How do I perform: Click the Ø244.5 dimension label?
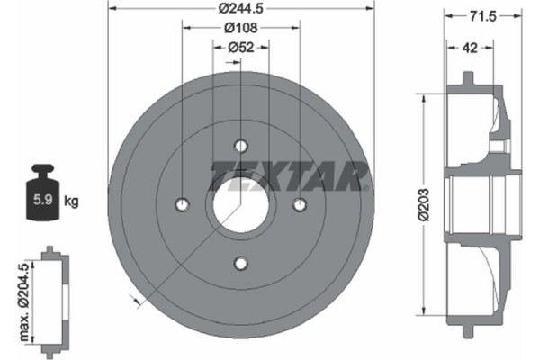(x=240, y=8)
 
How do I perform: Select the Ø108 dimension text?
(x=240, y=28)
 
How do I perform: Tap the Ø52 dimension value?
(x=239, y=48)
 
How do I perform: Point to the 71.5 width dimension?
(x=476, y=16)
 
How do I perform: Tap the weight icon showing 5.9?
(x=42, y=193)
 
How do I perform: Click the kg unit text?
(x=72, y=202)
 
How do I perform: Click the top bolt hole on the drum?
(x=240, y=147)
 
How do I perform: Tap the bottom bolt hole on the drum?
(x=240, y=263)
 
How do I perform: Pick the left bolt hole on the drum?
(x=182, y=205)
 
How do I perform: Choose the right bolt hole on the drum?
(x=299, y=205)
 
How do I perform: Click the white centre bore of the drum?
(x=240, y=205)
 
